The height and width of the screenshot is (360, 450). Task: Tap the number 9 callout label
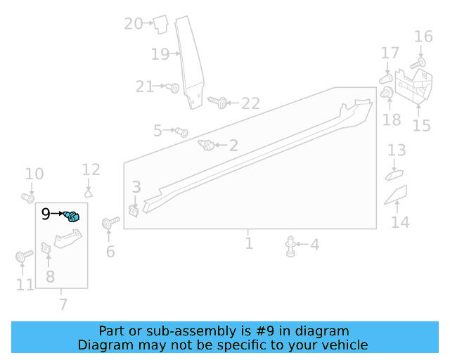point(46,214)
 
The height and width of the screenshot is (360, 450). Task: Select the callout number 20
point(133,23)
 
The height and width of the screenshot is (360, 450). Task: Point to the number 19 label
point(160,53)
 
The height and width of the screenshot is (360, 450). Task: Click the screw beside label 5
point(181,131)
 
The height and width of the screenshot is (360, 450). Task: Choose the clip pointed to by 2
point(207,146)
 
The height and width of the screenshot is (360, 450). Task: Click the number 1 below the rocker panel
point(249,243)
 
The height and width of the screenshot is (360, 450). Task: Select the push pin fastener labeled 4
point(290,245)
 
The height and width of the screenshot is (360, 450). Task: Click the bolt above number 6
point(108,224)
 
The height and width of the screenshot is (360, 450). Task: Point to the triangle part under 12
point(89,192)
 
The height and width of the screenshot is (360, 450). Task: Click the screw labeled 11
point(20,257)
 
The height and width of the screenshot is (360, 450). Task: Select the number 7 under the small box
point(63,304)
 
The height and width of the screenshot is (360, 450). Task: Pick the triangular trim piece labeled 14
point(396,198)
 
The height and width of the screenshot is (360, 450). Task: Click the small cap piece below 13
point(394,174)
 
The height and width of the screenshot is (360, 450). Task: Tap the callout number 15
point(421,125)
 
